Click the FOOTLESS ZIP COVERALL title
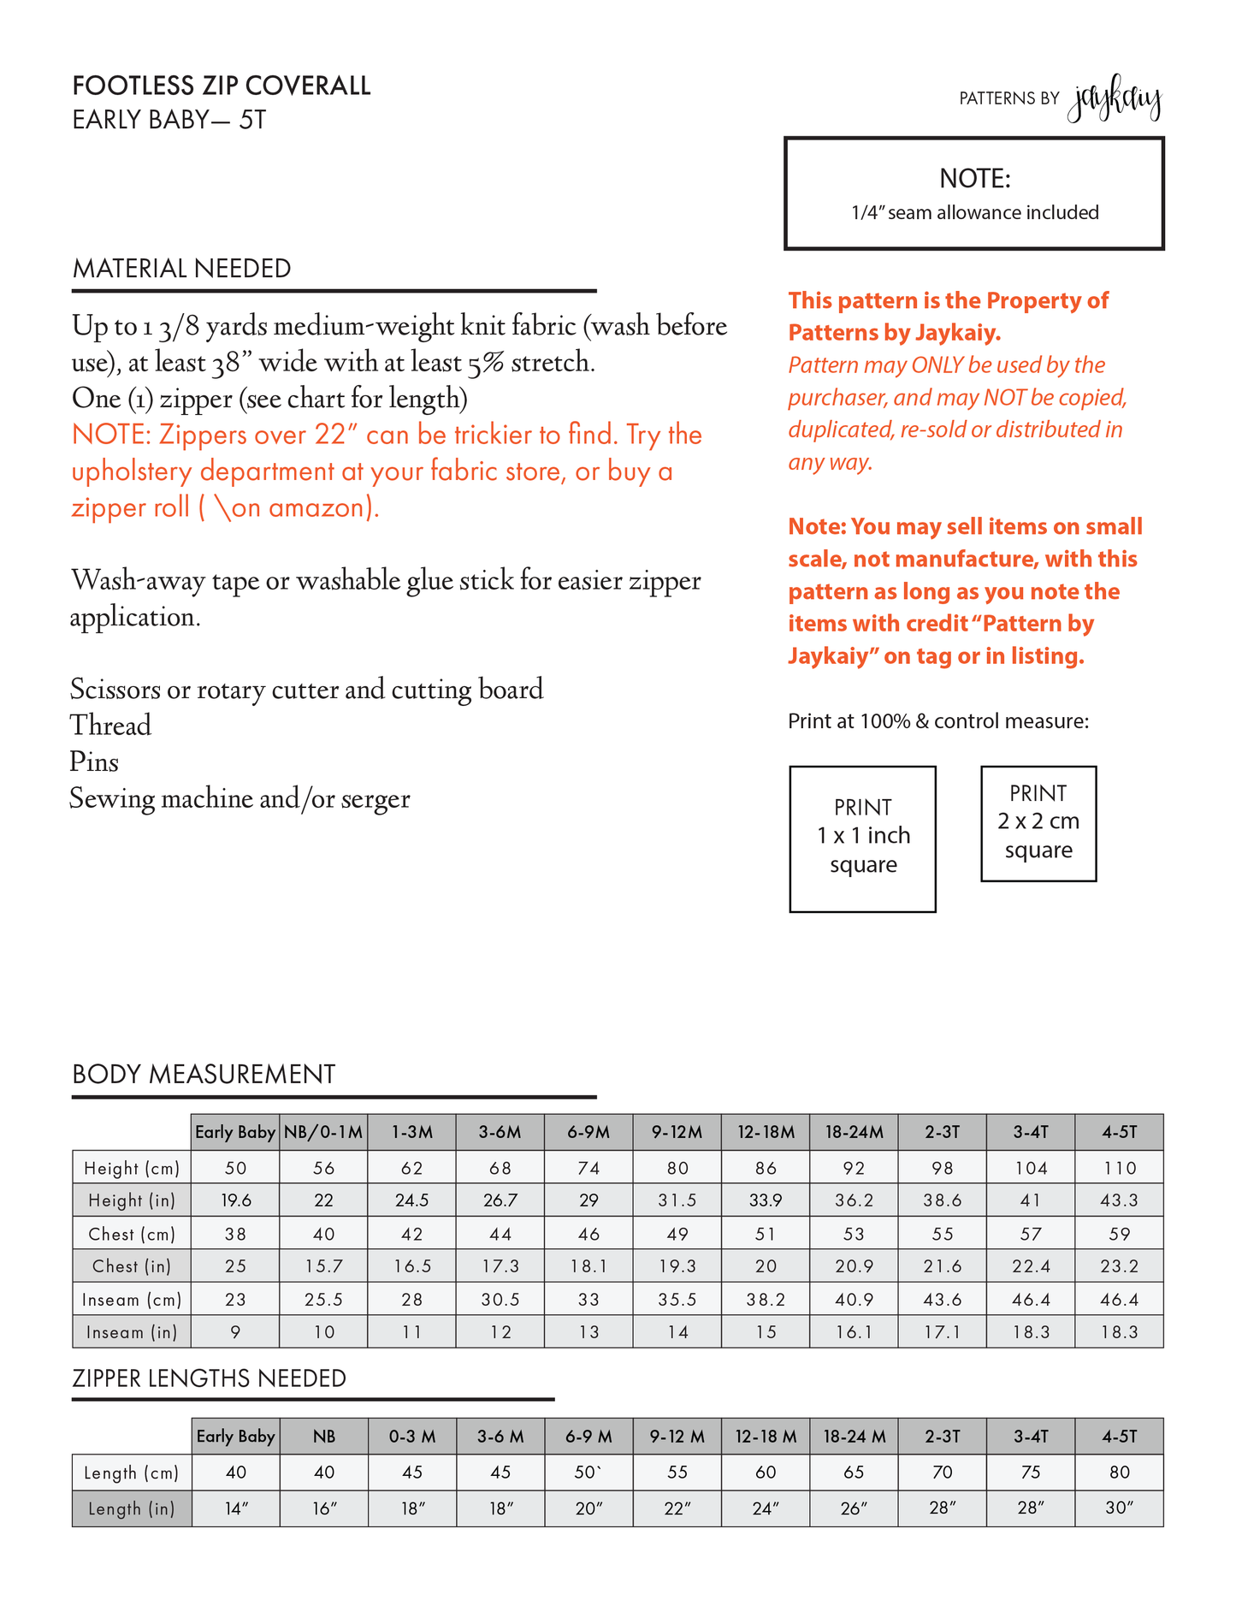[222, 86]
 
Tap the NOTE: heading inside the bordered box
[974, 179]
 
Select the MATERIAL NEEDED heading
[182, 269]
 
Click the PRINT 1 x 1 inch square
[862, 839]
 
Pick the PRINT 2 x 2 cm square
[1038, 823]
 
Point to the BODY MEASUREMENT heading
[204, 1075]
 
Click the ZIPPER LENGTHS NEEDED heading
[210, 1378]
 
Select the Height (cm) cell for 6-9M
[588, 1168]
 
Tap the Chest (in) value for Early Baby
[235, 1266]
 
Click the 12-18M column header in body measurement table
[766, 1133]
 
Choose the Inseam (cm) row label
[132, 1300]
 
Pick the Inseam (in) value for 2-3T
[942, 1332]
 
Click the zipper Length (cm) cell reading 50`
[588, 1473]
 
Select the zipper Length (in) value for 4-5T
[1119, 1508]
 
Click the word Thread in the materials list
[110, 726]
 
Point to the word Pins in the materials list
[94, 762]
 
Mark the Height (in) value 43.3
[1119, 1200]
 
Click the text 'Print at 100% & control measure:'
[938, 721]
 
